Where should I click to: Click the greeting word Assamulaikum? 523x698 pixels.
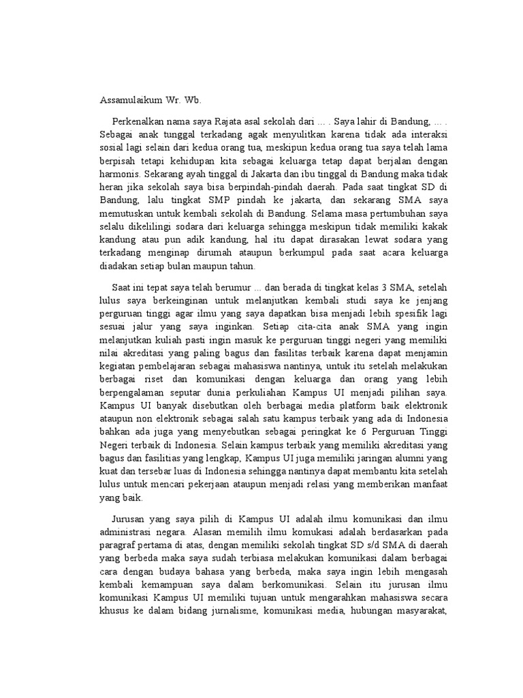[128, 99]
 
